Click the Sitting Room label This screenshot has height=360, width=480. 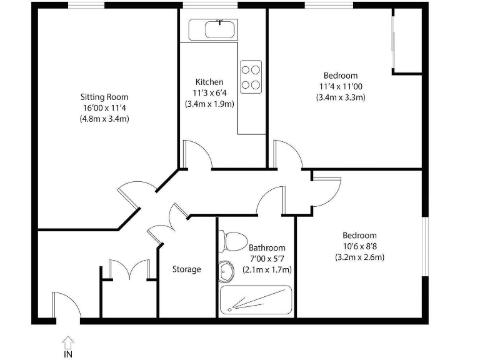(104, 97)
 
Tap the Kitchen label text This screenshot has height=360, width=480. (209, 82)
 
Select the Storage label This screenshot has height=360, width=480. (187, 269)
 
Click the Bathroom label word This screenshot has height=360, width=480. (267, 247)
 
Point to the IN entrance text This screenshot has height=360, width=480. (67, 354)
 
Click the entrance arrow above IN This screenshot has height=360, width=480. (67, 341)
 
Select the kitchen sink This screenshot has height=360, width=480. (212, 29)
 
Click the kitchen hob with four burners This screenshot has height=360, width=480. (251, 76)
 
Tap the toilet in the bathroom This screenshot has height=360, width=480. (232, 241)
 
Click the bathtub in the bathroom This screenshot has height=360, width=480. (256, 300)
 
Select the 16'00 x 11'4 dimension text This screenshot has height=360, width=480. (104, 107)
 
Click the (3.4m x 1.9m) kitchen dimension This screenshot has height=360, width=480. (209, 104)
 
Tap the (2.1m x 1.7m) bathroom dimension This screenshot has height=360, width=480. (267, 269)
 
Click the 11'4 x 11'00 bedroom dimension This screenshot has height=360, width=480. (341, 86)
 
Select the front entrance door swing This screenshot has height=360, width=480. (66, 307)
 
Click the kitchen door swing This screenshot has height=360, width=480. (195, 154)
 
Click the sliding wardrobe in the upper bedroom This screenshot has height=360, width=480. (394, 41)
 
